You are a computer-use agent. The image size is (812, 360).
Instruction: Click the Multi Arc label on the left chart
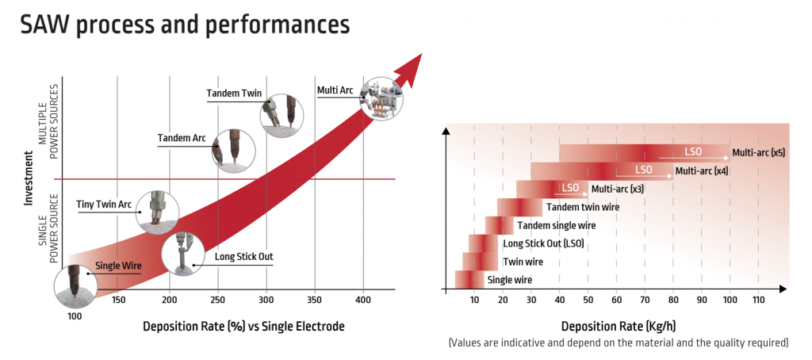[x=335, y=90]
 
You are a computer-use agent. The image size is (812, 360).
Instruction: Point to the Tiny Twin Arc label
[x=104, y=203]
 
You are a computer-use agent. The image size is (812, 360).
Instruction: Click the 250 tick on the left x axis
[x=218, y=300]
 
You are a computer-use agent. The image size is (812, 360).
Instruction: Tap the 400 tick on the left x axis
[x=363, y=300]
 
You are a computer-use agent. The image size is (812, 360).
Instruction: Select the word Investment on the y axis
[x=29, y=178]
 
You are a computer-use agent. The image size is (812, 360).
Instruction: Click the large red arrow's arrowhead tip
[x=423, y=53]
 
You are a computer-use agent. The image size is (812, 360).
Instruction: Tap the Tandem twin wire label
[x=583, y=207]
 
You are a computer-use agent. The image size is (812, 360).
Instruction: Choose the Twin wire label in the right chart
[x=523, y=262]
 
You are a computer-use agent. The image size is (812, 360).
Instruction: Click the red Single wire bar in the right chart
[x=469, y=280]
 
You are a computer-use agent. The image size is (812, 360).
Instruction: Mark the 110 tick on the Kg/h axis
[x=758, y=300]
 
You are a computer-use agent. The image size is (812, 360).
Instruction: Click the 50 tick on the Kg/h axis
[x=588, y=300]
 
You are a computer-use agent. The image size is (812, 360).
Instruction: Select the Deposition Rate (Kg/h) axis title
[x=618, y=327]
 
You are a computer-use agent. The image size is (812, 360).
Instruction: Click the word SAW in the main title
[x=45, y=25]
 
